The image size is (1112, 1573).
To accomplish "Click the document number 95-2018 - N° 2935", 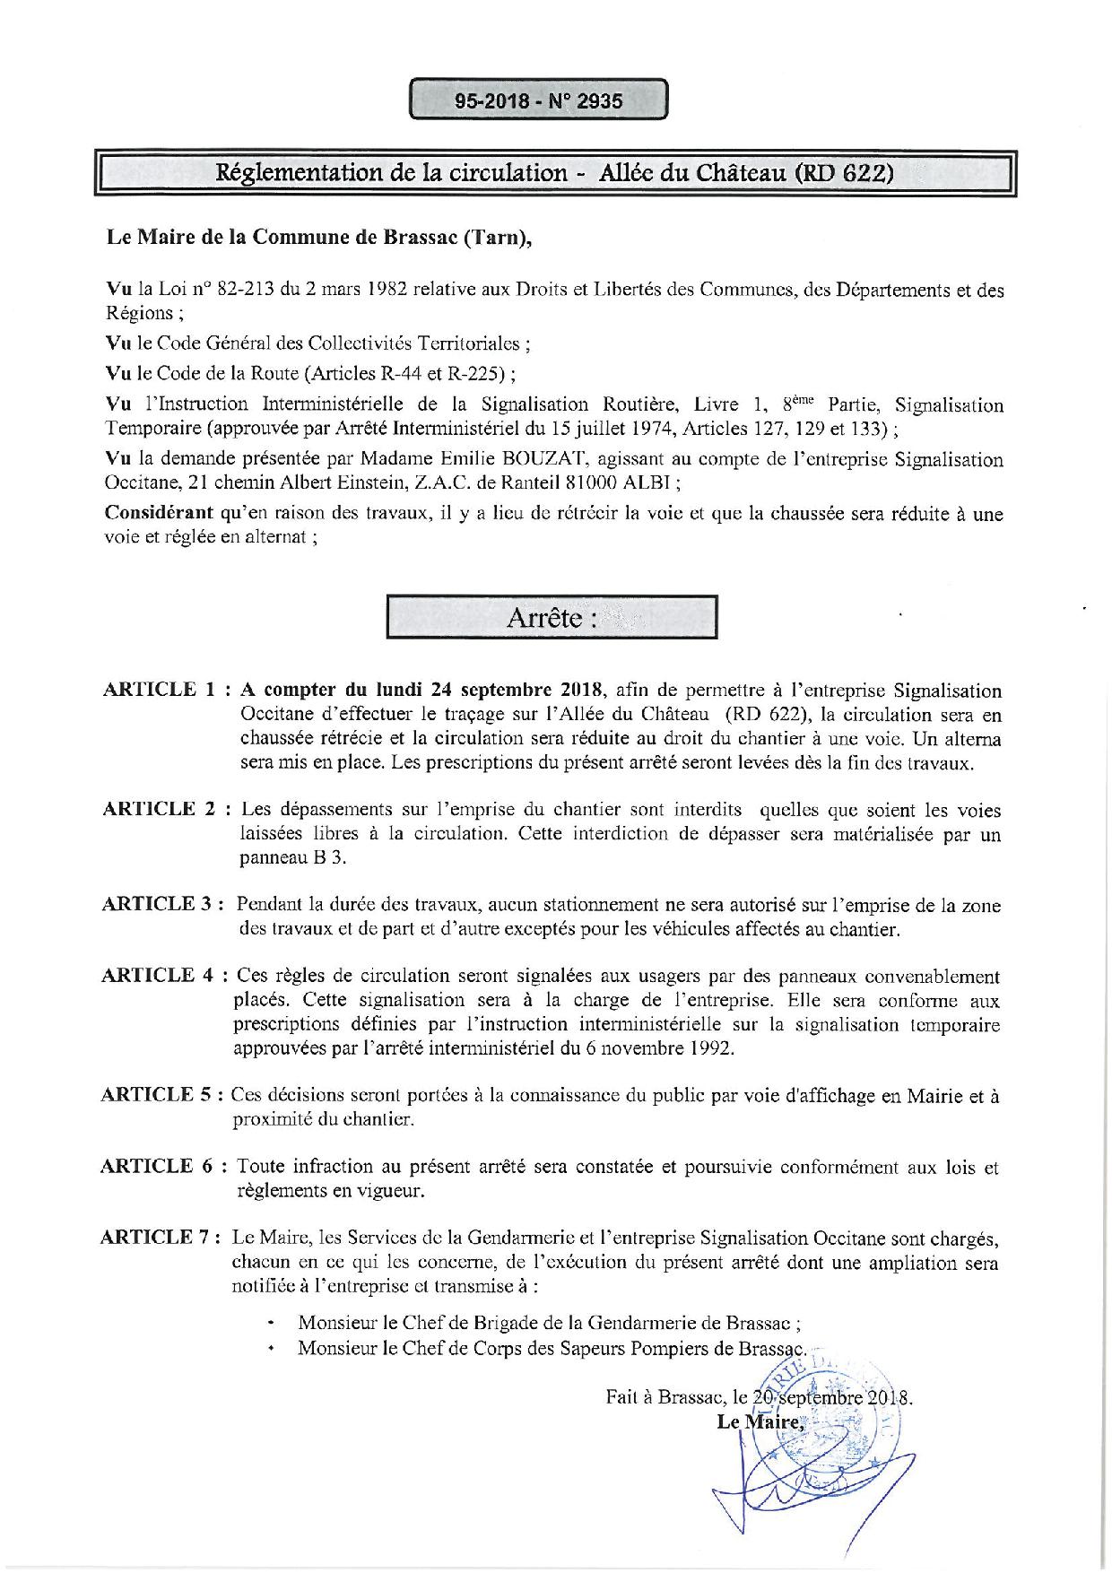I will point(538,100).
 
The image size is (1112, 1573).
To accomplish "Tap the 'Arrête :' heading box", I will point(552,617).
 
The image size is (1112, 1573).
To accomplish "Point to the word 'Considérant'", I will point(159,514).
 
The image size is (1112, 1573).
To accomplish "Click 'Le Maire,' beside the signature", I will point(760,1421).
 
